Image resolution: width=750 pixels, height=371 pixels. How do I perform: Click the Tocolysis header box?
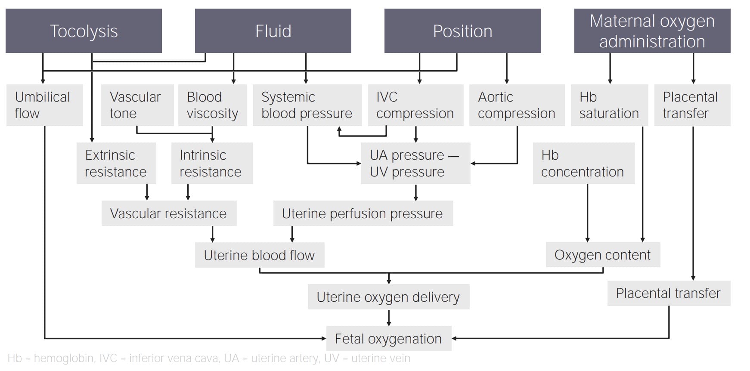84,31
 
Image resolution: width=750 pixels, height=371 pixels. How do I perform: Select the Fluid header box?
273,31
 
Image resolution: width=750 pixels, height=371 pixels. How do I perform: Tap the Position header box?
462,31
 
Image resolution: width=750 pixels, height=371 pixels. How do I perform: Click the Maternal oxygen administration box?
652,31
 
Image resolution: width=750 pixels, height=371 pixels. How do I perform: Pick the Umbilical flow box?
44,105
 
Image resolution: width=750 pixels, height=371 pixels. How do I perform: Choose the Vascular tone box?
137,105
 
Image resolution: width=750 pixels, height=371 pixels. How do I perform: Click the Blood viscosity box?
212,105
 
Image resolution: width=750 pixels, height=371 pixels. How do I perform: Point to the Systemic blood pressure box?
307,105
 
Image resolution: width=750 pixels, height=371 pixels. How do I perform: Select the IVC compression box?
415,105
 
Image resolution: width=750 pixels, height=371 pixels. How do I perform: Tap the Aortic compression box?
516,105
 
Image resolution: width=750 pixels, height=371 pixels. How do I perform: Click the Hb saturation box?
609,105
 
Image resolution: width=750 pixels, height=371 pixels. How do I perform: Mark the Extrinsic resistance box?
116,164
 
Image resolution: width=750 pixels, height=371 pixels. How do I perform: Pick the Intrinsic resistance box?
211,164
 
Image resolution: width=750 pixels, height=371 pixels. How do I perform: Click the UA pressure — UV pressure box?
415,164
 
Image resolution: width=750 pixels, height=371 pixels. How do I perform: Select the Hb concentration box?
583,164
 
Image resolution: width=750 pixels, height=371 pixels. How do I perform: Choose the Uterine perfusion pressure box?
363,213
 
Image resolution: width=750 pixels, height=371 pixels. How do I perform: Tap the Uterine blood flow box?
259,255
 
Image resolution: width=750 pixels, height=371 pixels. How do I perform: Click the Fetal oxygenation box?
388,339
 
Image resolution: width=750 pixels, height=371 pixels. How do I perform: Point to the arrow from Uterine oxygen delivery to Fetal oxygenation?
389,318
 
